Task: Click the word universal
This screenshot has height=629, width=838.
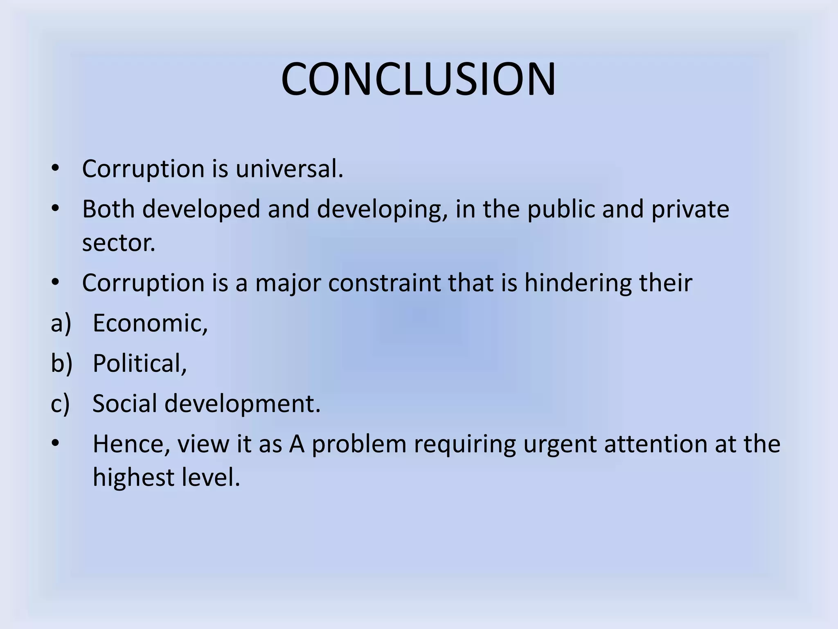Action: tap(289, 168)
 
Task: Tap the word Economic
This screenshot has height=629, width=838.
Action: tap(150, 323)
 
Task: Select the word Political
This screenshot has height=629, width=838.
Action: tap(140, 363)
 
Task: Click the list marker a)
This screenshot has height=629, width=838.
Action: tap(61, 323)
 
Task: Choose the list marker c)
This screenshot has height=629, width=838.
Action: tap(61, 403)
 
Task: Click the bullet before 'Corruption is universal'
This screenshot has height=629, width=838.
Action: tap(56, 169)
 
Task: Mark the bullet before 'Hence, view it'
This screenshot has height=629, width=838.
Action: tap(56, 444)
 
